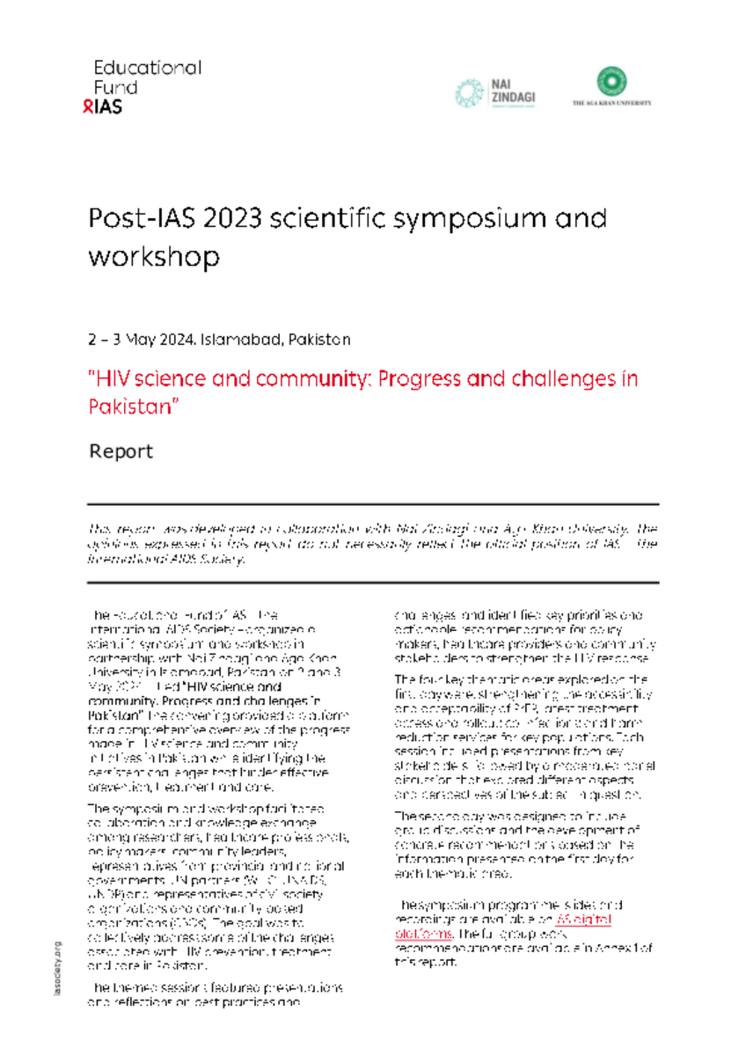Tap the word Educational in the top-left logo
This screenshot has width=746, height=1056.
pyautogui.click(x=148, y=68)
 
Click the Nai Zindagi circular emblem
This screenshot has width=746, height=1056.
pyautogui.click(x=469, y=92)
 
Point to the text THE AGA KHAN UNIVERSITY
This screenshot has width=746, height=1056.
pyautogui.click(x=612, y=103)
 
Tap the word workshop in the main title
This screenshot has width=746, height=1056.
pyautogui.click(x=153, y=257)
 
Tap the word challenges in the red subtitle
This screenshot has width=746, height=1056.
pyautogui.click(x=559, y=379)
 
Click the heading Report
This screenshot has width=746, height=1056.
pyautogui.click(x=121, y=451)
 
